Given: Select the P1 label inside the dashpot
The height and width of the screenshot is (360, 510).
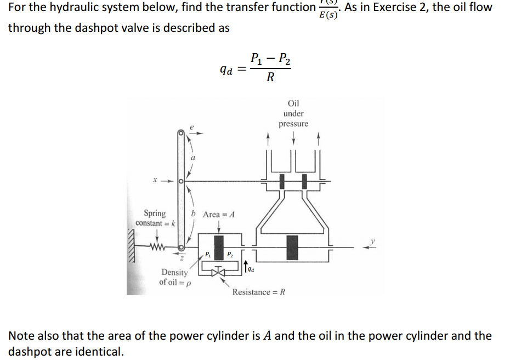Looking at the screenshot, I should [x=208, y=254].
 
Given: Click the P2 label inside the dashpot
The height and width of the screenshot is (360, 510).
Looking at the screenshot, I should [x=230, y=254].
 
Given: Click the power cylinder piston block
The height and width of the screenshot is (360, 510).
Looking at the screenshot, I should [x=292, y=247].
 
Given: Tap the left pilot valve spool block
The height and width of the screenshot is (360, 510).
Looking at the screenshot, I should [x=281, y=180].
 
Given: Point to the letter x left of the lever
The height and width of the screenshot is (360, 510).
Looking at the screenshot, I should [x=156, y=179].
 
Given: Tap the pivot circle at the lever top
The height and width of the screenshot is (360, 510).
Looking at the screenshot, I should [x=180, y=133].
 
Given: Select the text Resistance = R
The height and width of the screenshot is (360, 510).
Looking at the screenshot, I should [x=259, y=291].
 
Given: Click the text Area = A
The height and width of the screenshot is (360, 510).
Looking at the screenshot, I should [x=219, y=215].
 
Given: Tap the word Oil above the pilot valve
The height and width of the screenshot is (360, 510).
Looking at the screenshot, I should [x=293, y=103].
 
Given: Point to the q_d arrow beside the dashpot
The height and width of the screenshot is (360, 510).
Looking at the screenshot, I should [x=245, y=266].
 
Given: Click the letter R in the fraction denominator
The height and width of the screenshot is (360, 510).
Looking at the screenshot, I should [x=270, y=77].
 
